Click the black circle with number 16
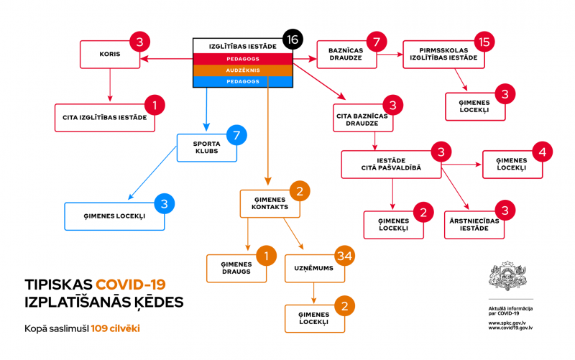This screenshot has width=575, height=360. coord(291,40)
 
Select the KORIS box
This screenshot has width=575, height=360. coord(109,54)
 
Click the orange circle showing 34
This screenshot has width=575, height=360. coord(345,255)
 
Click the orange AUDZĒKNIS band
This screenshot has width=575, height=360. coord(243,70)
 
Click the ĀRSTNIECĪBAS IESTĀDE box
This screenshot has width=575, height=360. coord(473,223)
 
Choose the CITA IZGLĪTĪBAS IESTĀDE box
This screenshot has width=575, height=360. coord(105,118)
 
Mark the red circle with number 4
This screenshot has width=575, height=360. coord(543,152)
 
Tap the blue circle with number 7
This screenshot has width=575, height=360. coord(236,135)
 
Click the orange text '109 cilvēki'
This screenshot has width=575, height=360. coord(115,329)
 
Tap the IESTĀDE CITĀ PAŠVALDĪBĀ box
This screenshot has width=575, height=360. coord(391,164)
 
